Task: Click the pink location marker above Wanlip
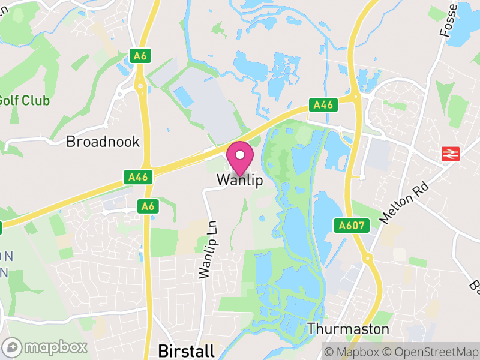tap(240, 156)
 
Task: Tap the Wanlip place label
tap(239, 180)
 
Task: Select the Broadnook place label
tap(103, 142)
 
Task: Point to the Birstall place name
tap(185, 351)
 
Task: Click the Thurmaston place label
tap(348, 329)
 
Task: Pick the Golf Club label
tap(24, 100)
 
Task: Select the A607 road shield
tap(350, 226)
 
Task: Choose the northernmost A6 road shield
tap(140, 56)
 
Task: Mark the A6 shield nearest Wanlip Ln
tap(148, 206)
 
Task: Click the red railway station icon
tap(449, 154)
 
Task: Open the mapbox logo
tap(46, 347)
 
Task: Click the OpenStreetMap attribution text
tap(432, 352)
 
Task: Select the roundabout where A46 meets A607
tap(356, 95)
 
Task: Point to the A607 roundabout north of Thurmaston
tap(367, 258)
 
